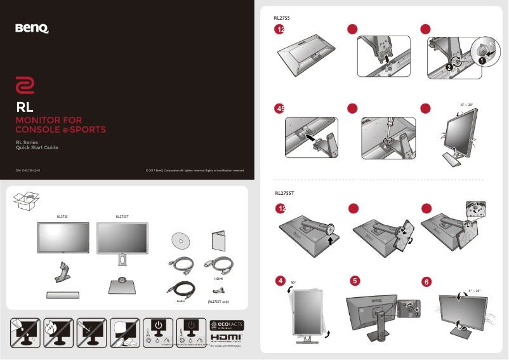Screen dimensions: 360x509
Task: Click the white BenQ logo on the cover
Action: [x=32, y=28]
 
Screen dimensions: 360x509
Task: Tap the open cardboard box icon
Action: [x=26, y=202]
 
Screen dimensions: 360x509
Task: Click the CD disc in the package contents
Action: [x=180, y=241]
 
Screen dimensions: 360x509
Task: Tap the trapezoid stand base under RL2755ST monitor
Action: [x=122, y=286]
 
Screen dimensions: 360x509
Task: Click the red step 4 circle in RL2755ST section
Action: [x=280, y=280]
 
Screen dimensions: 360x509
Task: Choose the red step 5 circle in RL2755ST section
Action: [x=355, y=280]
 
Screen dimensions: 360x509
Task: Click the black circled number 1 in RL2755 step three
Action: [x=481, y=62]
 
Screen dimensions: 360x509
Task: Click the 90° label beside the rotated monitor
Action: [x=293, y=283]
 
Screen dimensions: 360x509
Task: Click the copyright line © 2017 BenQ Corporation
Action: [x=195, y=170]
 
